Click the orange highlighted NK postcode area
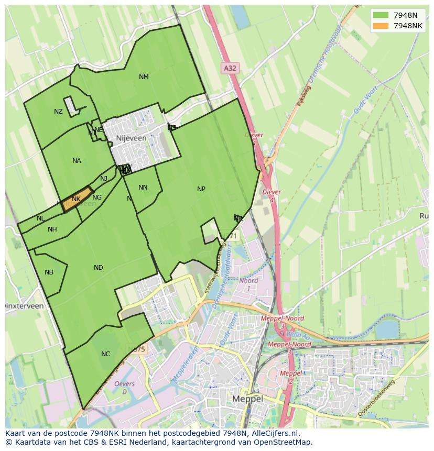click(77, 199)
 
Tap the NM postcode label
click(144, 77)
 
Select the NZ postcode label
click(58, 112)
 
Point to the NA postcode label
click(77, 161)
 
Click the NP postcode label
click(201, 189)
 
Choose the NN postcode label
click(143, 188)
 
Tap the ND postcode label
click(99, 268)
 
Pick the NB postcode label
click(49, 272)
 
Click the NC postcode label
click(106, 354)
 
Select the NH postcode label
click(52, 229)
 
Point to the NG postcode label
click(97, 197)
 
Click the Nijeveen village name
click(132, 138)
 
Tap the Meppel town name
click(247, 399)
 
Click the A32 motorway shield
click(230, 68)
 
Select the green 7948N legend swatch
click(381, 15)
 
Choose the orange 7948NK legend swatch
click(381, 26)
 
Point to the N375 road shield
click(137, 349)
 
